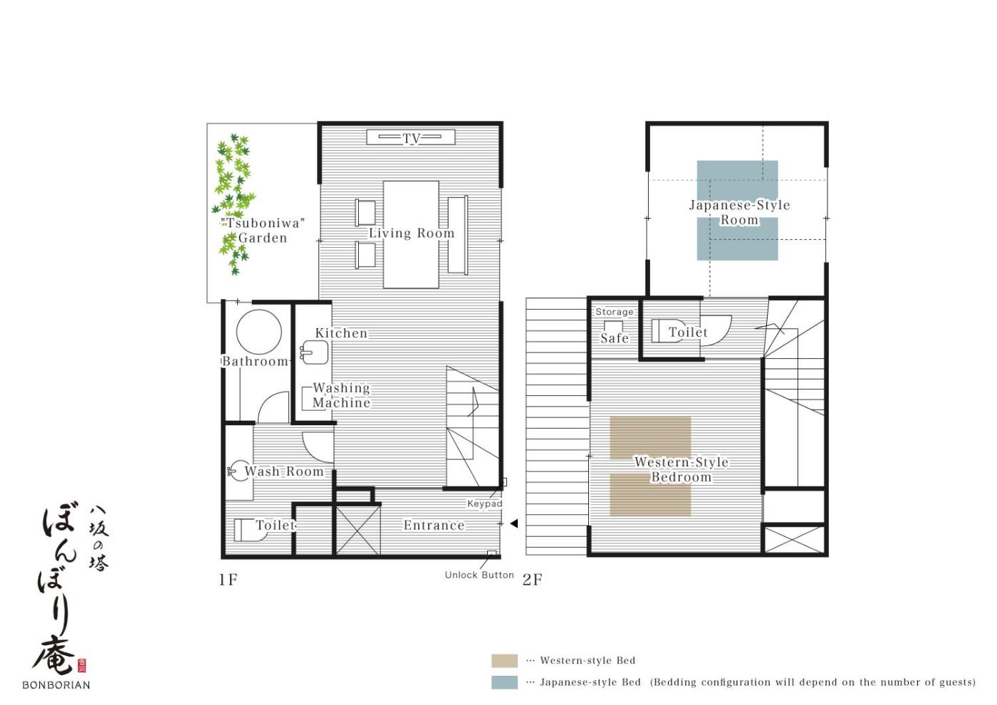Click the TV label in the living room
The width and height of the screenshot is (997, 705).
click(x=412, y=138)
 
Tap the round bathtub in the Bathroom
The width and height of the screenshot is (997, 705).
click(x=259, y=332)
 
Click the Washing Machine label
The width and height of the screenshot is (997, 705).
click(x=341, y=395)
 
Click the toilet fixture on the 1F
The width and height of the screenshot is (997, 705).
click(x=250, y=530)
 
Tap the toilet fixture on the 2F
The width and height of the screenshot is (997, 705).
click(x=669, y=331)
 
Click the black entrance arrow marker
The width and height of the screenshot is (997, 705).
click(x=514, y=523)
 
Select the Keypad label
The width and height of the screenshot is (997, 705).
click(x=485, y=504)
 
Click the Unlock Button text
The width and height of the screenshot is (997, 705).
click(x=479, y=575)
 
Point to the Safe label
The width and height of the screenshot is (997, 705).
click(x=615, y=338)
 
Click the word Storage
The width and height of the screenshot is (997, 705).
click(x=614, y=312)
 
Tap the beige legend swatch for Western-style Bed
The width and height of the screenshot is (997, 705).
click(x=504, y=661)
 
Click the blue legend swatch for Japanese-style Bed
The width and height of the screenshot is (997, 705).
click(x=504, y=682)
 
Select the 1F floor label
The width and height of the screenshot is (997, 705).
click(x=228, y=580)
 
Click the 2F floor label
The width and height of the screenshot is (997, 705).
click(x=533, y=580)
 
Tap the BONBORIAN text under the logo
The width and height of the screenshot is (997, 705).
click(x=56, y=685)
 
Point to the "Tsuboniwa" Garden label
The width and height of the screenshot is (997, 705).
click(x=263, y=230)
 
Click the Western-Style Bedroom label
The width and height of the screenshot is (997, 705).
click(x=682, y=469)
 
